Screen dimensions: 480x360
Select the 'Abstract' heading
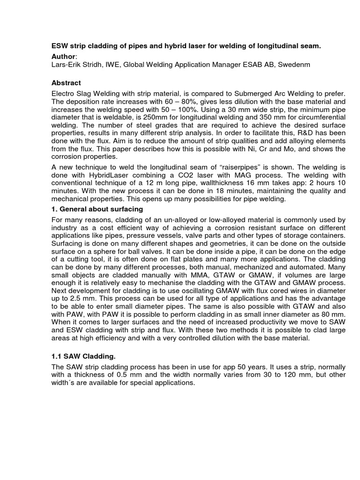(x=66, y=83)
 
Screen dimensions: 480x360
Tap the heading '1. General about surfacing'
(x=97, y=209)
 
